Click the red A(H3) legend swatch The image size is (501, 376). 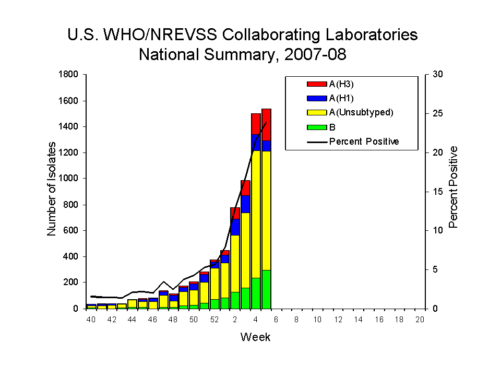click(x=317, y=84)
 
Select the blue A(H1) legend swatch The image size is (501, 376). click(x=317, y=98)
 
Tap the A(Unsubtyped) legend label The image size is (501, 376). click(x=361, y=112)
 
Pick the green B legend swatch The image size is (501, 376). click(x=317, y=127)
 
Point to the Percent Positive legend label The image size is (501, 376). click(x=364, y=142)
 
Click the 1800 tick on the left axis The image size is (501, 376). click(x=69, y=75)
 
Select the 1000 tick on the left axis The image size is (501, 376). click(x=69, y=179)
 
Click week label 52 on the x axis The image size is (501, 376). click(x=214, y=320)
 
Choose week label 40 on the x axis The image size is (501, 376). click(x=91, y=320)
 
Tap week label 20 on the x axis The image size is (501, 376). click(x=420, y=320)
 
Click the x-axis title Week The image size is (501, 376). click(x=255, y=337)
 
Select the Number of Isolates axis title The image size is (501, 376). click(x=52, y=191)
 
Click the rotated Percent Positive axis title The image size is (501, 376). click(x=453, y=187)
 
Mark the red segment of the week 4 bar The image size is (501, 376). click(x=256, y=124)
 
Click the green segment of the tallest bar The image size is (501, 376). click(x=266, y=289)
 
